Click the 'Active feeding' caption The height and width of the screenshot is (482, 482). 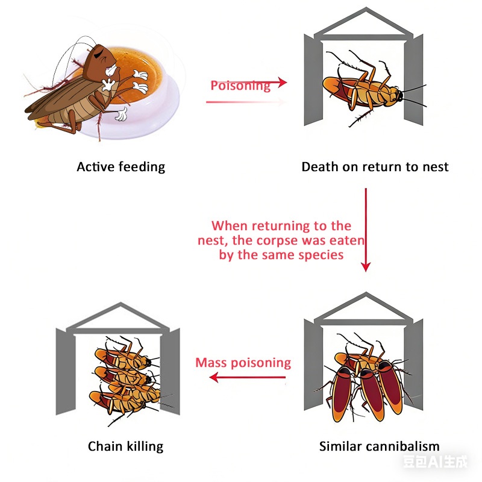pyautogui.click(x=121, y=167)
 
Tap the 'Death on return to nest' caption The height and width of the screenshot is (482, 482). pyautogui.click(x=375, y=167)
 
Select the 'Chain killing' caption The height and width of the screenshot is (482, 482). pyautogui.click(x=125, y=446)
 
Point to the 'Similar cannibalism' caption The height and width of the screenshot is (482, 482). pyautogui.click(x=380, y=446)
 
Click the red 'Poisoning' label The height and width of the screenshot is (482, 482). pyautogui.click(x=240, y=86)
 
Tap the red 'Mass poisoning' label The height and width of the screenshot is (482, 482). pyautogui.click(x=243, y=363)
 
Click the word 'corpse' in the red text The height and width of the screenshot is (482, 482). pyautogui.click(x=277, y=240)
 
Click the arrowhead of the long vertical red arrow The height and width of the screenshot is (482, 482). pyautogui.click(x=366, y=267)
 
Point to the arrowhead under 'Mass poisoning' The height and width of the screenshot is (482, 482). pyautogui.click(x=214, y=377)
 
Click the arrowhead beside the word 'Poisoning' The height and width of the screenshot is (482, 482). pyautogui.click(x=282, y=82)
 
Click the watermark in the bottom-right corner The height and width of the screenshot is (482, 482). pyautogui.click(x=435, y=462)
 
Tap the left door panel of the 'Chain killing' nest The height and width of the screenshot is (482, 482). pyautogui.click(x=66, y=371)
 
